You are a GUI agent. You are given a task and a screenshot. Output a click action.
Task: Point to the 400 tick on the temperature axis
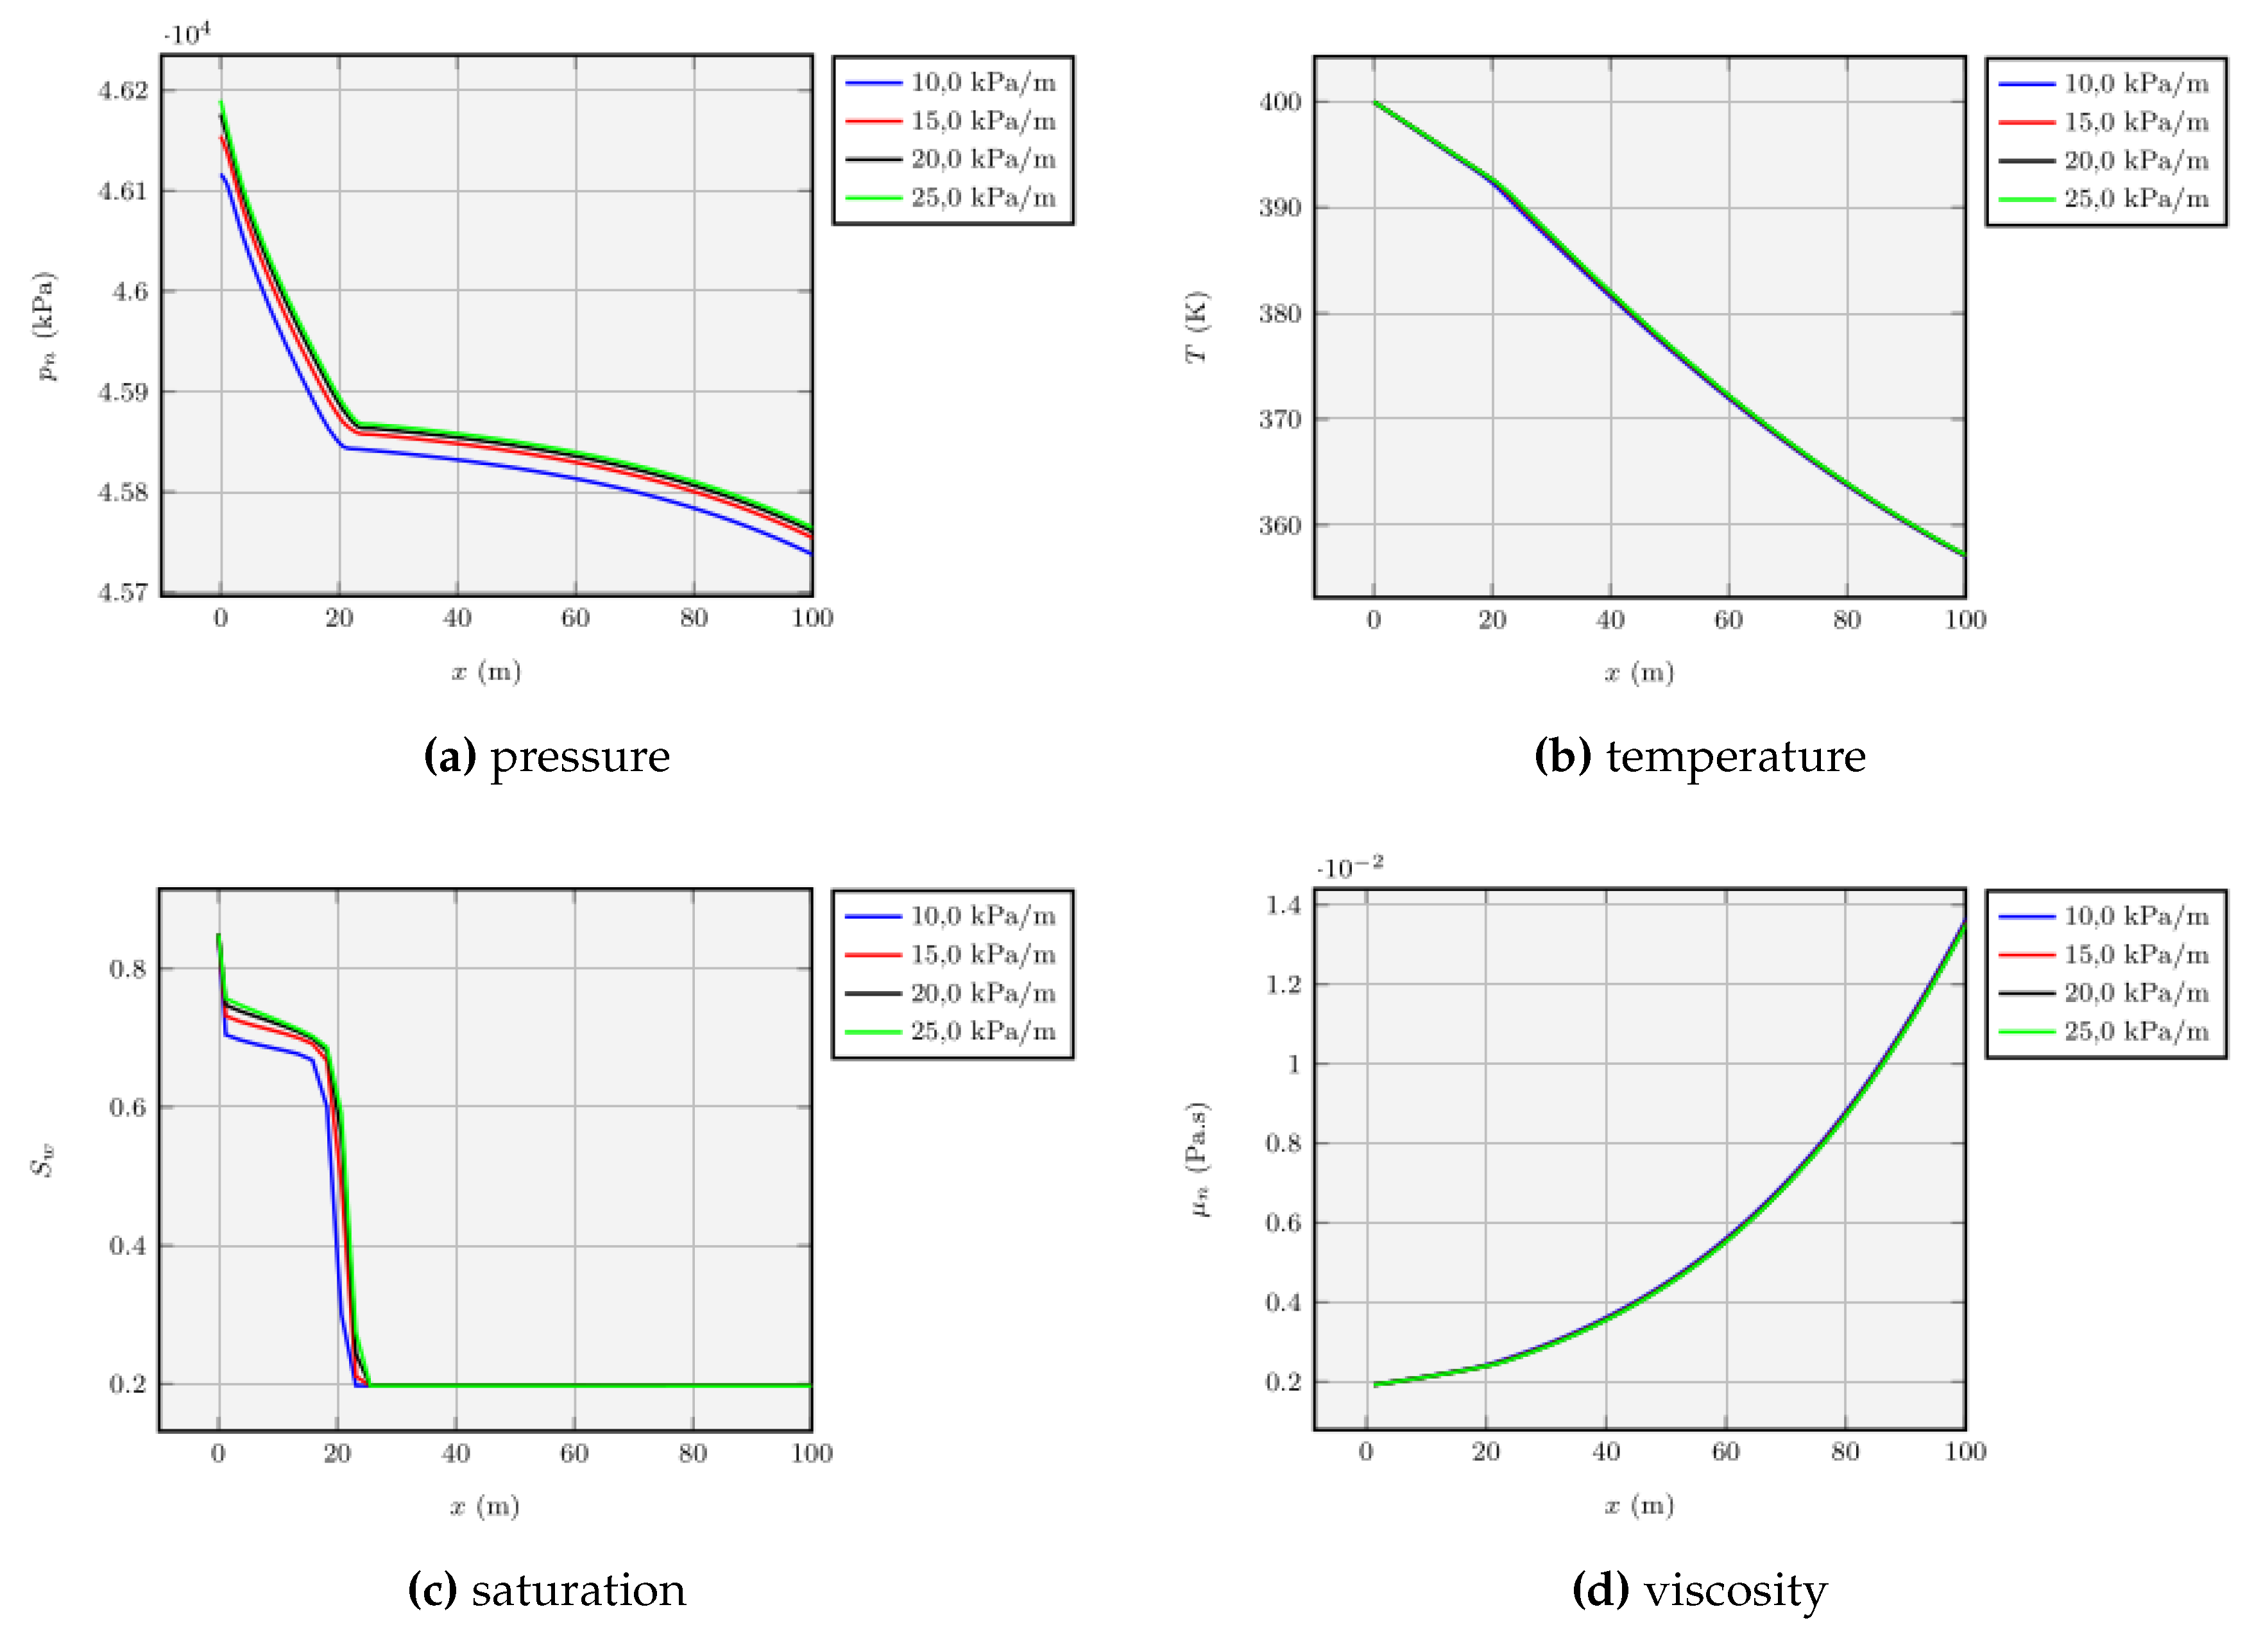[1280, 103]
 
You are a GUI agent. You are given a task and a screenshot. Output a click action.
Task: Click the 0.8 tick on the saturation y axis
[127, 969]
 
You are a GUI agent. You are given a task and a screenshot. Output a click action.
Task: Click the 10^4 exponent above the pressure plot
[187, 35]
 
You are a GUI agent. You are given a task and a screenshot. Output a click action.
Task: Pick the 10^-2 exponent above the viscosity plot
[1349, 868]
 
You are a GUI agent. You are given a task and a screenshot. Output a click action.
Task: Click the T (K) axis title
[1197, 327]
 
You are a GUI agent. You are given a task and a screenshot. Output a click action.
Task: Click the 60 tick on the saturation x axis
[574, 1454]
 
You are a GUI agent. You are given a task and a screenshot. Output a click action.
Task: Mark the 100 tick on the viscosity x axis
[1965, 1452]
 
